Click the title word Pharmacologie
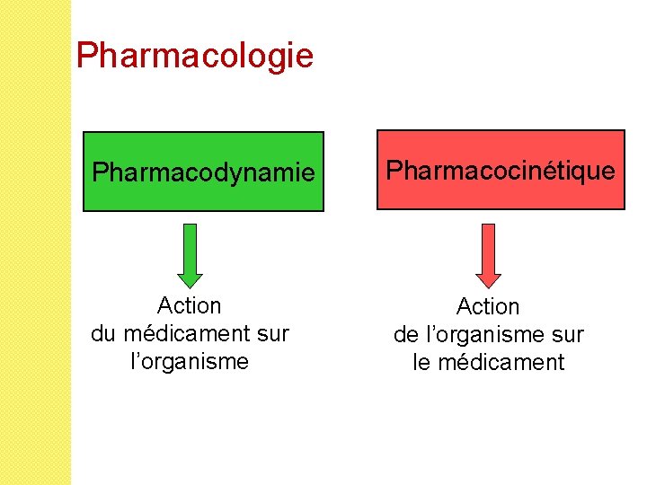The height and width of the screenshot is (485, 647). [195, 56]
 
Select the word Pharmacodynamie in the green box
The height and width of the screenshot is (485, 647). [204, 172]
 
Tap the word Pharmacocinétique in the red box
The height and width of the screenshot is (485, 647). [500, 170]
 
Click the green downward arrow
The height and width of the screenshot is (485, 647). [190, 255]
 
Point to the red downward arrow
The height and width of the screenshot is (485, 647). [488, 255]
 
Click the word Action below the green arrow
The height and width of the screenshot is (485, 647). [189, 306]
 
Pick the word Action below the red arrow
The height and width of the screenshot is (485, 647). [488, 307]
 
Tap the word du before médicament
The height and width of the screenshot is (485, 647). [103, 334]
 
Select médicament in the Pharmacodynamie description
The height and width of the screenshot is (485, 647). [186, 334]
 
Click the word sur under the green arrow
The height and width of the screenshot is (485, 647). [272, 334]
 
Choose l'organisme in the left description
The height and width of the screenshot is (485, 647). [189, 362]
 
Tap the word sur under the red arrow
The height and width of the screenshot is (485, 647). [567, 335]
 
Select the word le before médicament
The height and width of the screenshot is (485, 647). [421, 363]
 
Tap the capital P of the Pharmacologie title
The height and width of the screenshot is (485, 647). [86, 56]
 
